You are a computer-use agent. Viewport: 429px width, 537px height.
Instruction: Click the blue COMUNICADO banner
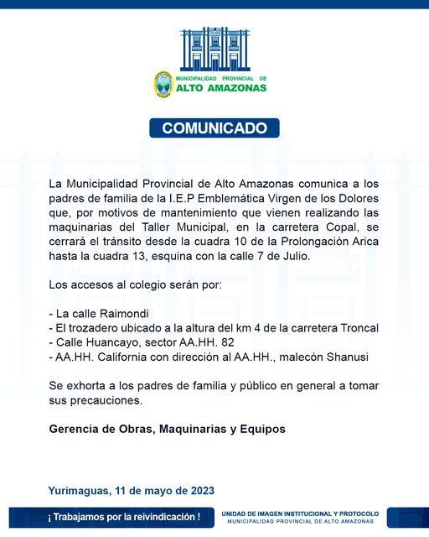(x=214, y=128)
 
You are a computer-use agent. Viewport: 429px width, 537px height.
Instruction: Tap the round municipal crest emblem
(x=163, y=84)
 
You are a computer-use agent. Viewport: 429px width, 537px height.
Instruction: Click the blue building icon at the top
(x=214, y=48)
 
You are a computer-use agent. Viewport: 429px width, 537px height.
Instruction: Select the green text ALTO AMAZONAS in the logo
(x=221, y=87)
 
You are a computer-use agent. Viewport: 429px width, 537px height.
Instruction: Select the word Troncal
(x=356, y=328)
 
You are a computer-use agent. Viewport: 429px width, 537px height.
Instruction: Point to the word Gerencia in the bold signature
(x=75, y=429)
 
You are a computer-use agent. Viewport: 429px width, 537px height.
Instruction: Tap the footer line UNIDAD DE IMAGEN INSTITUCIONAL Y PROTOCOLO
(x=300, y=513)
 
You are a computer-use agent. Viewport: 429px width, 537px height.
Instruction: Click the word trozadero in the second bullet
(x=97, y=328)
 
